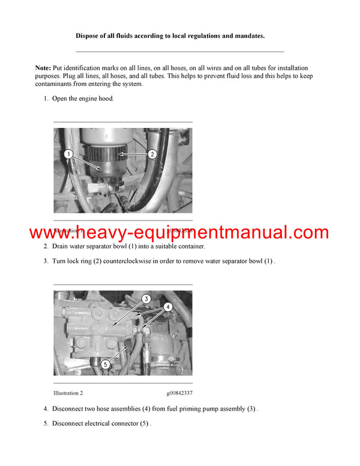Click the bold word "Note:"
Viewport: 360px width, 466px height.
(x=43, y=68)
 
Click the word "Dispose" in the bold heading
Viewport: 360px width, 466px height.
(x=89, y=36)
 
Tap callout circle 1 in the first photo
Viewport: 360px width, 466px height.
(x=69, y=154)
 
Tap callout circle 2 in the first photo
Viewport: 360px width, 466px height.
(x=152, y=154)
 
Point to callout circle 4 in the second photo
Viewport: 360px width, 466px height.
(x=167, y=307)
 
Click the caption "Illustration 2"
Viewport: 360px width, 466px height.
(x=68, y=393)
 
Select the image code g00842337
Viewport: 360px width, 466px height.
(x=179, y=393)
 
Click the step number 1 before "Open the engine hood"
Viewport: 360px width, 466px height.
(x=46, y=98)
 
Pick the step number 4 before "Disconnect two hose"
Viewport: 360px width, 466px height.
(x=46, y=409)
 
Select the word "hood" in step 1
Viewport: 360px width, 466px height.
(x=105, y=98)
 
